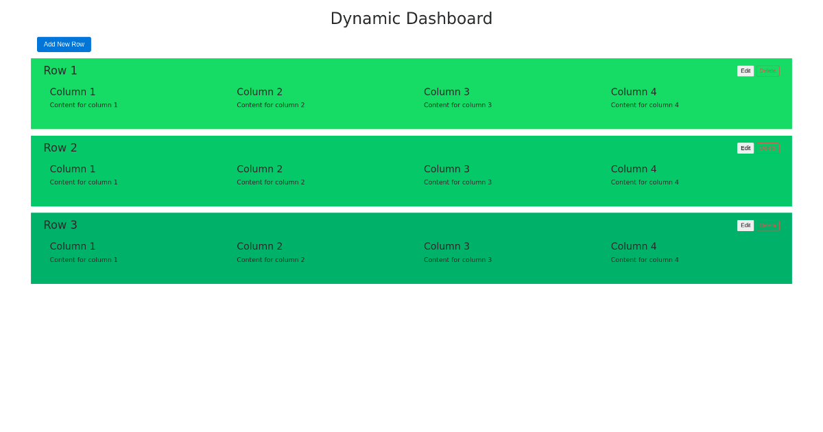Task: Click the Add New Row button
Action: (64, 45)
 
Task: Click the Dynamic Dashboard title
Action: (411, 19)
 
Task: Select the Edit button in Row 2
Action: (746, 148)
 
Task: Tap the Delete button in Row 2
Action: (767, 148)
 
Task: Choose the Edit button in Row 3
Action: (746, 226)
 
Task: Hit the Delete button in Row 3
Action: (767, 226)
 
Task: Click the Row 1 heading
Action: (60, 71)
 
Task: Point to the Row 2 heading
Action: (60, 148)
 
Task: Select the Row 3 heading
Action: (60, 225)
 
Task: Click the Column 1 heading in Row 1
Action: (73, 92)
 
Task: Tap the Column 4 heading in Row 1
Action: (634, 92)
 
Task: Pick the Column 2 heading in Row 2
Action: (260, 169)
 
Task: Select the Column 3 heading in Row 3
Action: (446, 246)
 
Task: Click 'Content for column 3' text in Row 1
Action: (457, 105)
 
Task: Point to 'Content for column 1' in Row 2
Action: (84, 182)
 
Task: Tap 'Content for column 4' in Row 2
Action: (645, 182)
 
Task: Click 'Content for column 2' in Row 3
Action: (271, 260)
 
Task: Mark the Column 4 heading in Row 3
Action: (634, 246)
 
